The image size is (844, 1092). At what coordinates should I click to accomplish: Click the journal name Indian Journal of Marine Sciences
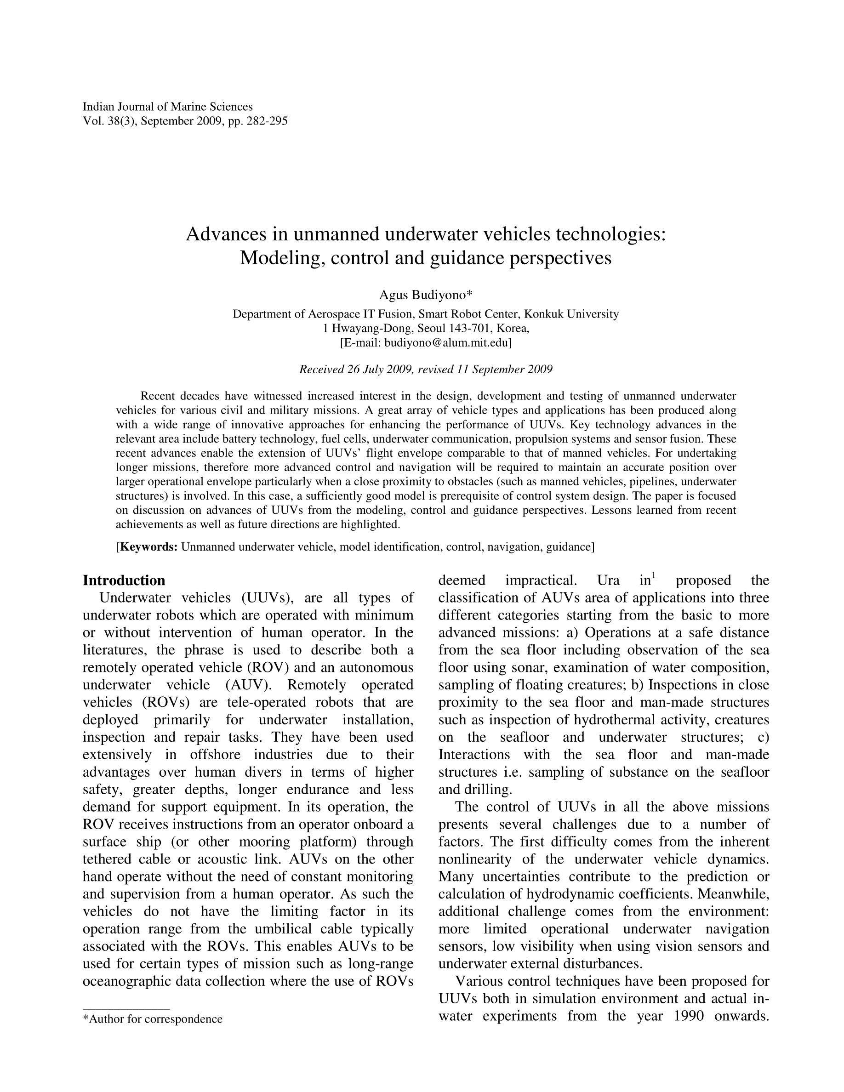(167, 107)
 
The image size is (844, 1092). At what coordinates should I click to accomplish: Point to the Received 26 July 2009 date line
(426, 370)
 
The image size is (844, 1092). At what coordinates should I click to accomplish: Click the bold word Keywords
(149, 546)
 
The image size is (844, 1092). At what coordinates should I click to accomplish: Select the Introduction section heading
(124, 580)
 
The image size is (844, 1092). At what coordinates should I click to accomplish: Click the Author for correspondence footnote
(153, 1019)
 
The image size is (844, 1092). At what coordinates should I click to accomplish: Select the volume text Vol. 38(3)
(108, 121)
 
